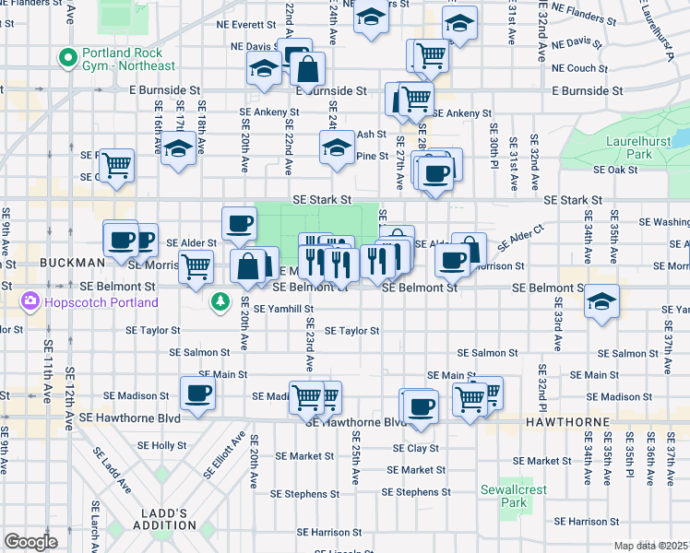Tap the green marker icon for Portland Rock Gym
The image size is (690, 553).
[66, 58]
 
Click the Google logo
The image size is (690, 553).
[30, 541]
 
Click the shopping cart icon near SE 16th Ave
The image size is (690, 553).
[116, 166]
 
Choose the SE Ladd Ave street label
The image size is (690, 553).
[102, 467]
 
